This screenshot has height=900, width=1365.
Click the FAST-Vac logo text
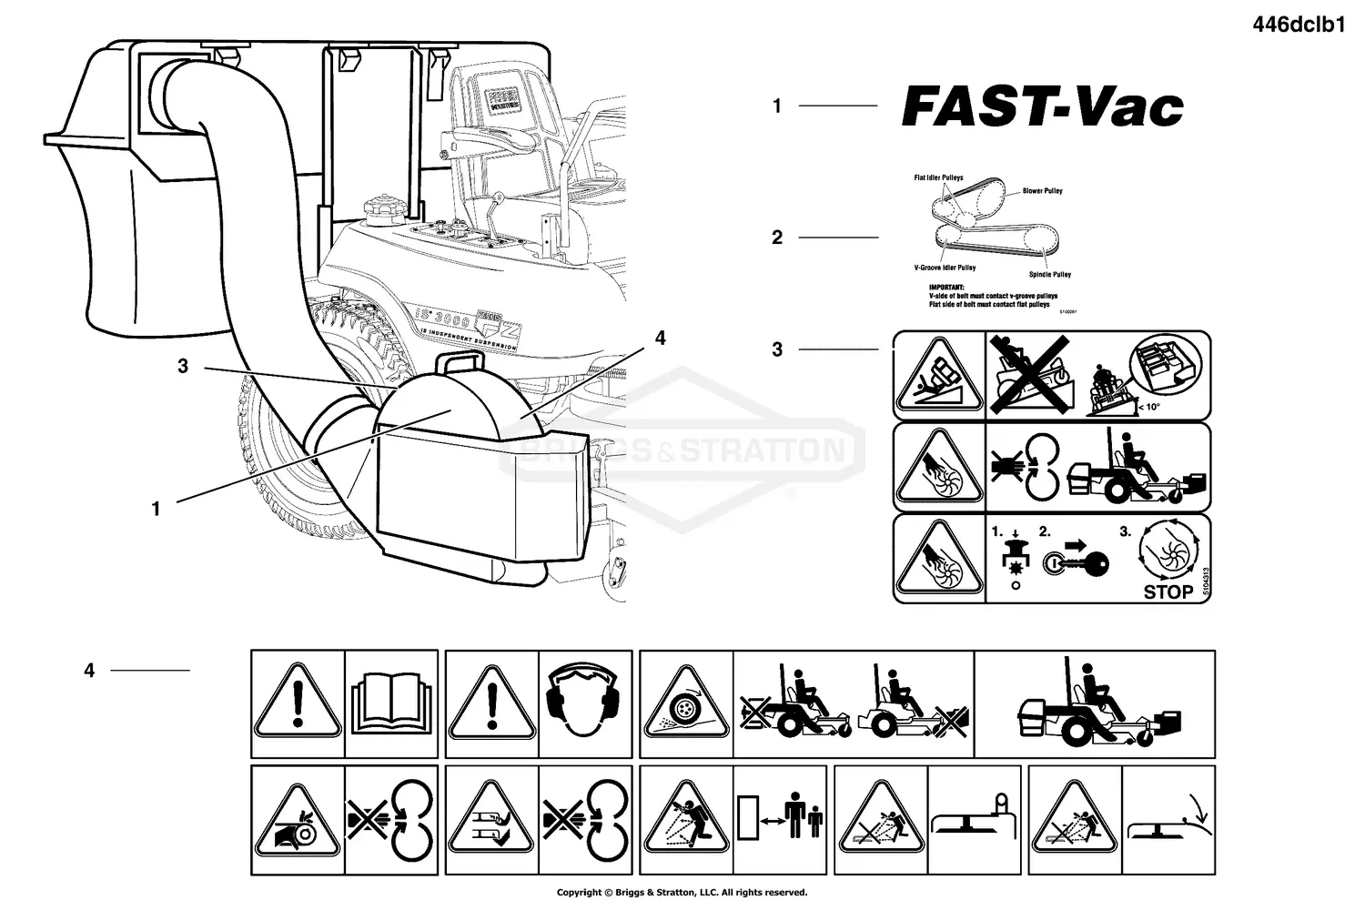click(x=1042, y=107)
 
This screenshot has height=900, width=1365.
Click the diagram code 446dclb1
click(x=1299, y=25)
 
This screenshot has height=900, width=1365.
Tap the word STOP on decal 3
click(x=1168, y=592)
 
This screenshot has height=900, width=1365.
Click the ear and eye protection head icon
click(x=583, y=698)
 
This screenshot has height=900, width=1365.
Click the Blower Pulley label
click(x=1042, y=191)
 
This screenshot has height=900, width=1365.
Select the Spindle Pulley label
click(x=1049, y=274)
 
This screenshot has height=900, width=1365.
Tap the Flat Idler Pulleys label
click(x=938, y=177)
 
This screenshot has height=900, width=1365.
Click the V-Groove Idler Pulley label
click(x=945, y=268)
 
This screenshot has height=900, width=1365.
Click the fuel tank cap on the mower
click(x=380, y=209)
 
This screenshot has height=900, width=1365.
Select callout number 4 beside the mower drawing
click(x=660, y=339)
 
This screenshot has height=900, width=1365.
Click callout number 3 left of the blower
click(x=183, y=366)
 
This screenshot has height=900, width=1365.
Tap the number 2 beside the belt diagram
click(x=776, y=238)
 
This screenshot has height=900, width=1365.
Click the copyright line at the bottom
click(x=682, y=892)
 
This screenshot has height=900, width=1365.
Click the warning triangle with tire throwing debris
click(x=685, y=707)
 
